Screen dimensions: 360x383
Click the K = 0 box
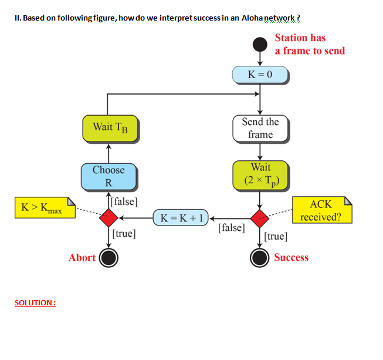coord(260,75)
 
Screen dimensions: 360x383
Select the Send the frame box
coord(260,128)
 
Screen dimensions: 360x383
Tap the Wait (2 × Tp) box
coord(260,175)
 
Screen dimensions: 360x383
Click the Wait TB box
coord(109,127)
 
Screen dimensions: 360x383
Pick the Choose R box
coord(109,176)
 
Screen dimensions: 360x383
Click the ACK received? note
coord(321,211)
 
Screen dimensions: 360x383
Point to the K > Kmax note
coord(45,207)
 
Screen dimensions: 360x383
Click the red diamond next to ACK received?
coord(260,218)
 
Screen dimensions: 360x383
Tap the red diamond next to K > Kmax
coord(109,218)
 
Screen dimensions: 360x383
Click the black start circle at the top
coord(260,44)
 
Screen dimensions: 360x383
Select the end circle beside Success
coord(260,257)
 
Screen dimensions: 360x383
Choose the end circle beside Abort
coord(109,257)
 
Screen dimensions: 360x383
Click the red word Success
coord(291,257)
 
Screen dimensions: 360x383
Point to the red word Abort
coord(82,257)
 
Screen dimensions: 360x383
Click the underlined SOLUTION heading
coord(35,302)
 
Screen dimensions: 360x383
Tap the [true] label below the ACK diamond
coord(276,236)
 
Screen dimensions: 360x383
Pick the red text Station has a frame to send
coord(309,44)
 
